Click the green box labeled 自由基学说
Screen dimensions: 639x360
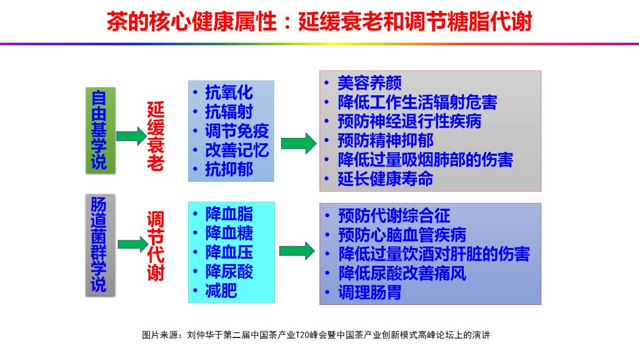[x=99, y=130]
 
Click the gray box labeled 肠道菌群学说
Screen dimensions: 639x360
[x=99, y=244]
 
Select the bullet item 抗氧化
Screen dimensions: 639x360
[x=228, y=92]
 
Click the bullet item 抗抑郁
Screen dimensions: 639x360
[x=228, y=169]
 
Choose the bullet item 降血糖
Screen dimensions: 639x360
[x=229, y=233]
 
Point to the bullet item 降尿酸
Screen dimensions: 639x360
[x=229, y=272]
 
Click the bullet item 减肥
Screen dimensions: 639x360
[x=221, y=291]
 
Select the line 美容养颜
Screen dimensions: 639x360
[x=369, y=83]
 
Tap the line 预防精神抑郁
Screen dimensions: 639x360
[x=385, y=140]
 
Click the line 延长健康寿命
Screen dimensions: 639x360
[x=385, y=179]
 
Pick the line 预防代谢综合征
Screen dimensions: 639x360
[x=394, y=216]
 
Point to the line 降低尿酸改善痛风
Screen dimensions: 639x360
[x=402, y=273]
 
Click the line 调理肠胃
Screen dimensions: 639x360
[x=369, y=292]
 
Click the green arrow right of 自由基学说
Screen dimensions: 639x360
[x=130, y=136]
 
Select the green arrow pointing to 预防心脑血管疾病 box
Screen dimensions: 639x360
[x=296, y=250]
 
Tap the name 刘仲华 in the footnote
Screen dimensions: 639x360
[x=199, y=335]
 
